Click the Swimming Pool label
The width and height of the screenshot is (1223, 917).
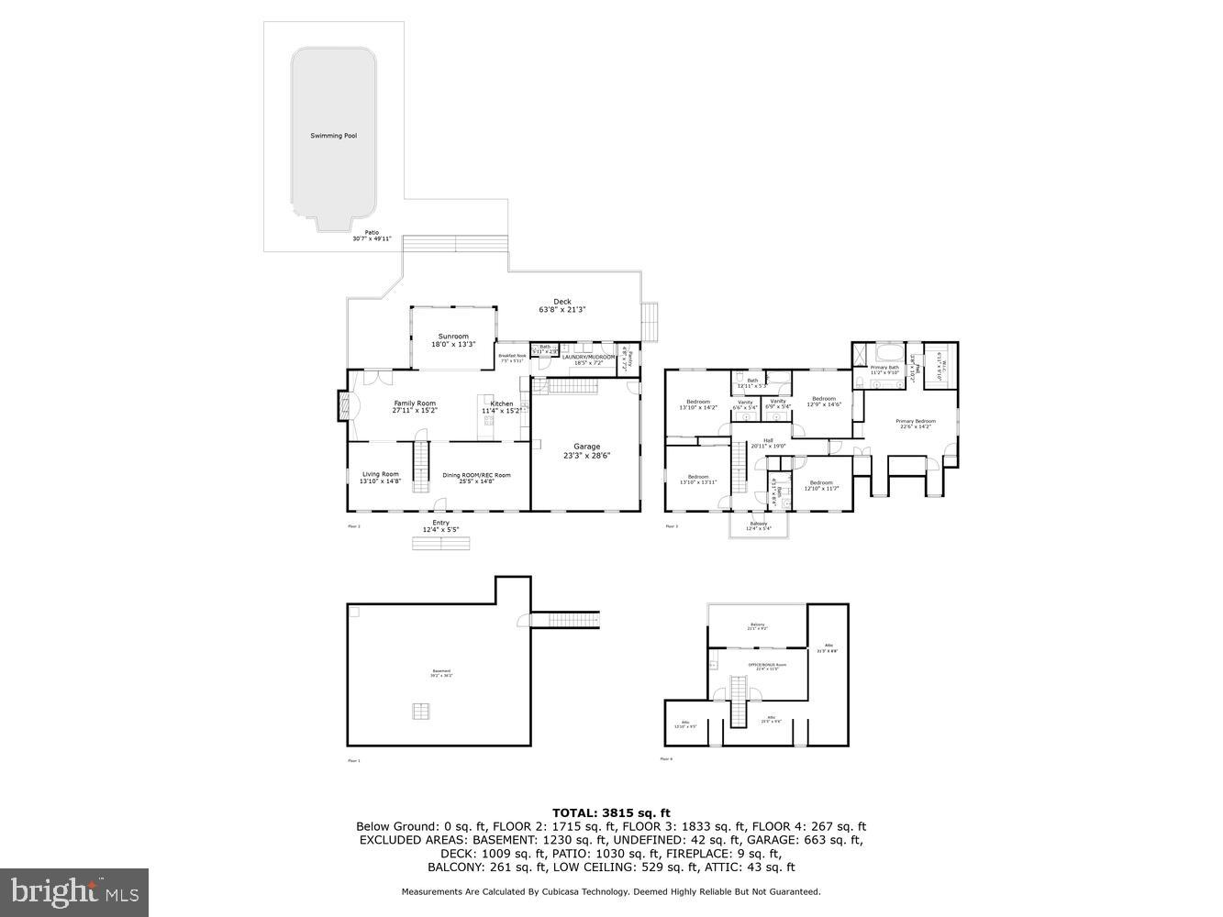(333, 136)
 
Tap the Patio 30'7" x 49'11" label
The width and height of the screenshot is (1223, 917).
(372, 236)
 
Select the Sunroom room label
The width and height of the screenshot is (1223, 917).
(453, 340)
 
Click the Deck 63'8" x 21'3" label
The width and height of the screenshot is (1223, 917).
(561, 305)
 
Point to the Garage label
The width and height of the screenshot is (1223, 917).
(586, 450)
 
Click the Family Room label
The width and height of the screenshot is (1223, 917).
(415, 406)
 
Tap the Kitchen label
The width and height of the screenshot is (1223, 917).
(502, 407)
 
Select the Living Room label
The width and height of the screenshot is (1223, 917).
(380, 477)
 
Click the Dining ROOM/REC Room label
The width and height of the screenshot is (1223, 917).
(476, 478)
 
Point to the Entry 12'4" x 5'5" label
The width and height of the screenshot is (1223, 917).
(441, 526)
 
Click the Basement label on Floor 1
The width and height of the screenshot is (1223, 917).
(441, 673)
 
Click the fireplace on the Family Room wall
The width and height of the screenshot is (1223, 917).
(343, 406)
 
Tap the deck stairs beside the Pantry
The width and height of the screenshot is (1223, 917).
(650, 320)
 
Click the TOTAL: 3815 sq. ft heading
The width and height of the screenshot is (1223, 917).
(611, 812)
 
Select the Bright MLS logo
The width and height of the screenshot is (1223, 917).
(74, 891)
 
